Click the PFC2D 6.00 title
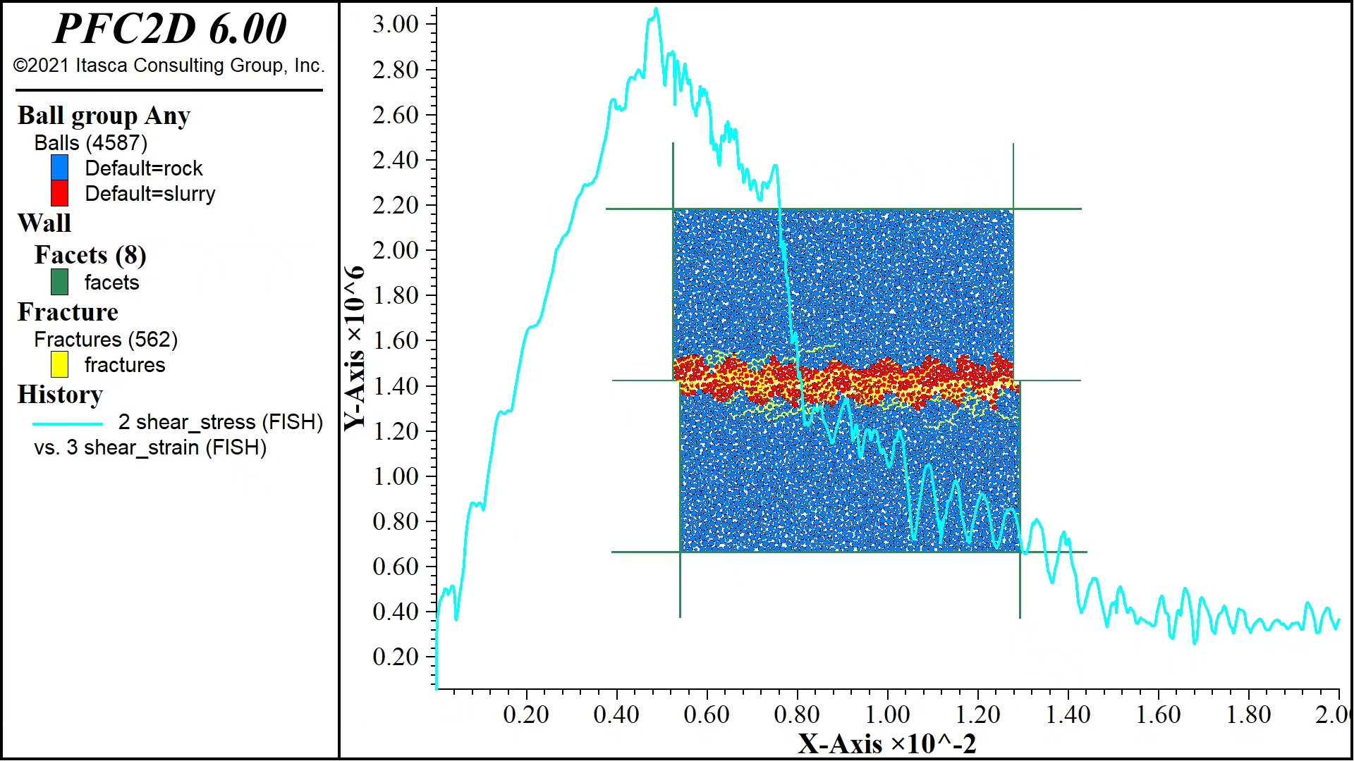(x=170, y=28)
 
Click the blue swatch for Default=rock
(x=60, y=168)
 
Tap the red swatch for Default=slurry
(x=60, y=193)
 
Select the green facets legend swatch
(x=60, y=282)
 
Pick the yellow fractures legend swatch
(x=60, y=364)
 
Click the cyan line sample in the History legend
(x=68, y=423)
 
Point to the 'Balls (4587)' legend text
(x=91, y=143)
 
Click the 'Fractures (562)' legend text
(x=106, y=340)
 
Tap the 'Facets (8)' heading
(x=90, y=254)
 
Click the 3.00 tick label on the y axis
(x=396, y=24)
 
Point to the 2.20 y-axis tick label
(x=396, y=205)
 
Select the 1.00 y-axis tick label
(x=396, y=476)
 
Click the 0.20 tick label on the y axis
(x=396, y=657)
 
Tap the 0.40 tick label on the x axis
(x=616, y=714)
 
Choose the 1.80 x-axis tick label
(x=1248, y=714)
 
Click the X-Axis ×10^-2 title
(x=887, y=744)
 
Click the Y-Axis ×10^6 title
(x=355, y=348)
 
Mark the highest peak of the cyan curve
(x=656, y=9)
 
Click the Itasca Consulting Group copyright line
(x=169, y=66)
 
